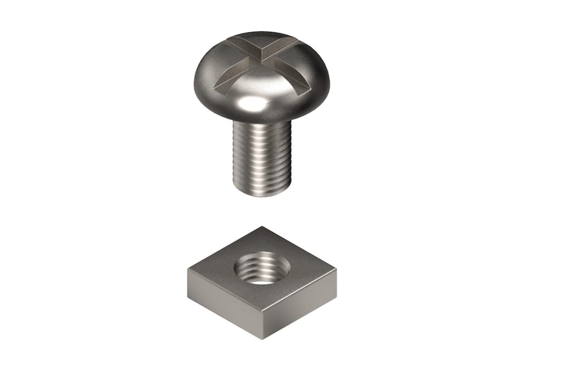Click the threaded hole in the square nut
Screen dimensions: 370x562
pos(261,269)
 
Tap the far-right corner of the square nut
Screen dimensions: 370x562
pos(336,270)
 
